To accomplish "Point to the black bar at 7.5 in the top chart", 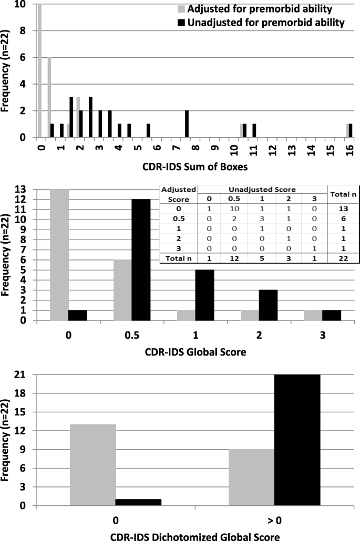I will (x=187, y=124).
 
